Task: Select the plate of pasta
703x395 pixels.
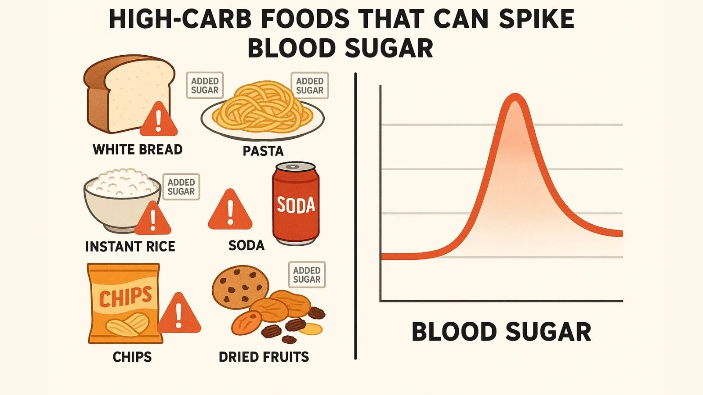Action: [x=262, y=112]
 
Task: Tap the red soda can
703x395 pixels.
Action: [x=296, y=204]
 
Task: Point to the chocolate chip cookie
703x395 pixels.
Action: [x=240, y=287]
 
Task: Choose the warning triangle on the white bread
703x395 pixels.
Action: [x=159, y=120]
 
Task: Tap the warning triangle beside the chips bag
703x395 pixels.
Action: [x=179, y=314]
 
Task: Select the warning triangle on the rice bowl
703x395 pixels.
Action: [x=152, y=219]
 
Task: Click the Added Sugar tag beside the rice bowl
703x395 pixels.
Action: [x=181, y=187]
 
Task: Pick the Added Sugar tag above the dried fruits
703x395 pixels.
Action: [x=307, y=275]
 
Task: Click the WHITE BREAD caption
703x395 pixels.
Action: [x=138, y=150]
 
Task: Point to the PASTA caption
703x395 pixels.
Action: [x=263, y=151]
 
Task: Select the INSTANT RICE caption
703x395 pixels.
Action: [x=130, y=247]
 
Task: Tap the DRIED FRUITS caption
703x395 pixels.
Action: [x=264, y=357]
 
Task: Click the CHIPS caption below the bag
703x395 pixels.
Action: [x=132, y=357]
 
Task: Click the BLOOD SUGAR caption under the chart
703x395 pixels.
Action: [x=501, y=332]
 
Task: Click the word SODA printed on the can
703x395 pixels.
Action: [x=296, y=205]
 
